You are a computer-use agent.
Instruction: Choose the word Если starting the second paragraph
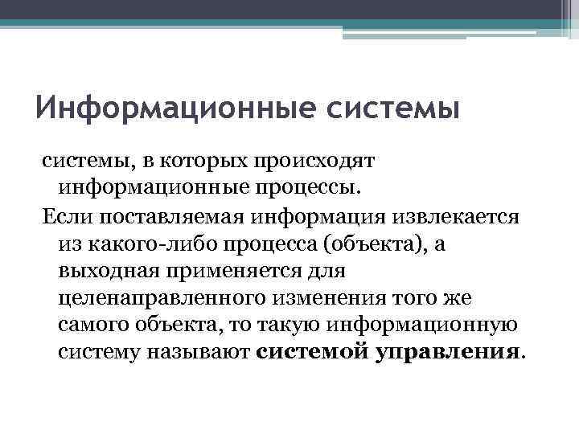click(63, 217)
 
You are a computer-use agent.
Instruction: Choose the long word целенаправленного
click(150, 299)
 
